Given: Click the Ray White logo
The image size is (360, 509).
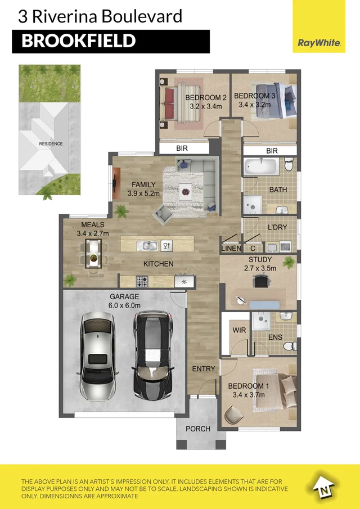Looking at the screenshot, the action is click(x=319, y=43).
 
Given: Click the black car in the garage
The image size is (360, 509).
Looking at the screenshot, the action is click(x=152, y=355).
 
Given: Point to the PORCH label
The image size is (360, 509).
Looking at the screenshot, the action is click(x=198, y=429).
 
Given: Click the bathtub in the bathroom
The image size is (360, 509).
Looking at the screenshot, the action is click(x=261, y=166).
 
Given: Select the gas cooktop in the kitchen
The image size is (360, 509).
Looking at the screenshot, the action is click(x=142, y=281).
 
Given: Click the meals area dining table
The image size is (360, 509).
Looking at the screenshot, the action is click(x=93, y=254).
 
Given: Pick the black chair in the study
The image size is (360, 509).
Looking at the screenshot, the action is click(x=262, y=281).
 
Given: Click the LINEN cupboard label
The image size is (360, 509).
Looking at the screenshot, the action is click(x=231, y=249).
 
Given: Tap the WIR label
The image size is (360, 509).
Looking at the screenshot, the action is click(x=239, y=330).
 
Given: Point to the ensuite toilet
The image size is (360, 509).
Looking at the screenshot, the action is click(x=289, y=346).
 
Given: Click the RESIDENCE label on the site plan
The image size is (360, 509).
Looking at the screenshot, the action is click(x=51, y=144).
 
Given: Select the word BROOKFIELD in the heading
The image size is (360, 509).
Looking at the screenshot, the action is click(x=79, y=41).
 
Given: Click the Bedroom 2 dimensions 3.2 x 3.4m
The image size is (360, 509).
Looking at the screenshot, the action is click(x=206, y=106).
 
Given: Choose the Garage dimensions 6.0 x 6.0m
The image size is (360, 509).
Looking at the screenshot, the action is click(x=125, y=305).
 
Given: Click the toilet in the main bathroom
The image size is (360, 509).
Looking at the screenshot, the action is click(x=289, y=165).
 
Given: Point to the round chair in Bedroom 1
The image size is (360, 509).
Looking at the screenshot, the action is click(x=234, y=415).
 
